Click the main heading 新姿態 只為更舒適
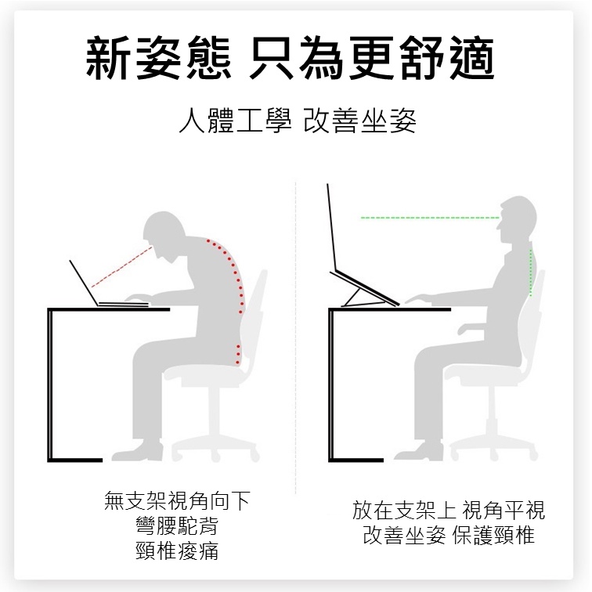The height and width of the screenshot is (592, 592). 290,58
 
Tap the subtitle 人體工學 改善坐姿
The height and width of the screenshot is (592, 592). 298,121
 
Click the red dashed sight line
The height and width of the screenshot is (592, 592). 121,267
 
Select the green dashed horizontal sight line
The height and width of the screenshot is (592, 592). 430,218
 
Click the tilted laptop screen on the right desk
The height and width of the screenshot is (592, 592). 331,227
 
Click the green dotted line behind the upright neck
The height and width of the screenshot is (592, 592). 531,272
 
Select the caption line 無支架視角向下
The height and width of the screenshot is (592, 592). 177,500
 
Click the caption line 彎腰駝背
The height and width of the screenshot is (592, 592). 177,525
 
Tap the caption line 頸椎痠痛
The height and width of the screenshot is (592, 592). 177,550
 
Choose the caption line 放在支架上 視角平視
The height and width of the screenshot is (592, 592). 449,510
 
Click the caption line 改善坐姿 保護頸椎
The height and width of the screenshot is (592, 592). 449,535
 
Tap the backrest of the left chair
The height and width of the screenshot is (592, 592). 254,317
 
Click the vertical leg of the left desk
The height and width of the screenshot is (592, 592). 50,385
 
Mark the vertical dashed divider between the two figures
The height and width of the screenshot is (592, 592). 296,338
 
